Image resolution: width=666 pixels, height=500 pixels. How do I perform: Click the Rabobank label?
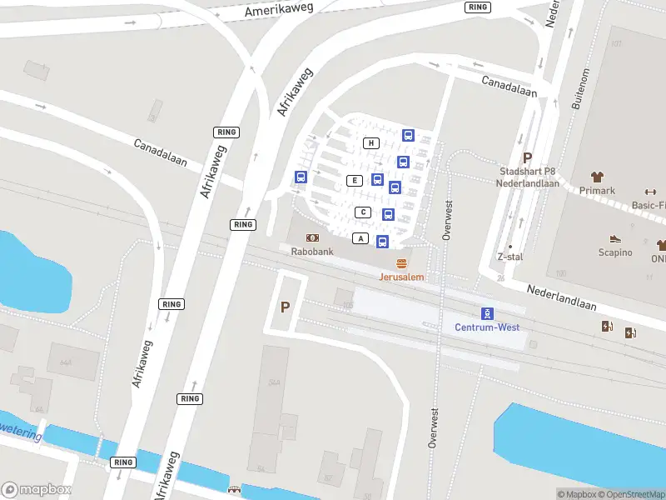[x=312, y=251]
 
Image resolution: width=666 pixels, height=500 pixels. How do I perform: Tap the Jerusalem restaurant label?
[x=402, y=277]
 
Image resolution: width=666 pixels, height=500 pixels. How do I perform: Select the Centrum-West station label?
[x=487, y=327]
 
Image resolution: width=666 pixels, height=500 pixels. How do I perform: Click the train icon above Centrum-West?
[x=487, y=313]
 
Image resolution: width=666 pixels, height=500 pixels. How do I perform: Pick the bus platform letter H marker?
[x=371, y=143]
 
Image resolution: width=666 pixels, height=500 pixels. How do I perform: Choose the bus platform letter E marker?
[x=355, y=181]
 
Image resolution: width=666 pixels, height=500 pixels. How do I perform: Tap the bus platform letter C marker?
[x=363, y=212]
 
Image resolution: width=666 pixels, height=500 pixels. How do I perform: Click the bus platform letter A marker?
[x=360, y=239]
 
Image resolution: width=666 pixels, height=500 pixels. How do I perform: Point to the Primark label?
[x=597, y=190]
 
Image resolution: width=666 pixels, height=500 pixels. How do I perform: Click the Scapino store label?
[x=615, y=252]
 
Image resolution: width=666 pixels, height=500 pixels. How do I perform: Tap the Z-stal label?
[x=509, y=257]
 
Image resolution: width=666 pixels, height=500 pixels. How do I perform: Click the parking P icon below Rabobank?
[x=285, y=307]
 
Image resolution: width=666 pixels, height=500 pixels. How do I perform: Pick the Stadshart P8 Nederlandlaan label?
[x=527, y=177]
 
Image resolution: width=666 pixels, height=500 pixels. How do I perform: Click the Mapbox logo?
[x=37, y=490]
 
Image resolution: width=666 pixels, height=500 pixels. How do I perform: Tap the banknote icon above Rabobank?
[x=312, y=237]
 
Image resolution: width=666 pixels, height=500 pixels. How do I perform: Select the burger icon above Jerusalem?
[x=402, y=263]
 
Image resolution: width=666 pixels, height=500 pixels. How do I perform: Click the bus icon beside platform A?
[x=382, y=242]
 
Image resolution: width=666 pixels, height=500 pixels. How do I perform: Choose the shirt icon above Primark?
[x=597, y=177]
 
